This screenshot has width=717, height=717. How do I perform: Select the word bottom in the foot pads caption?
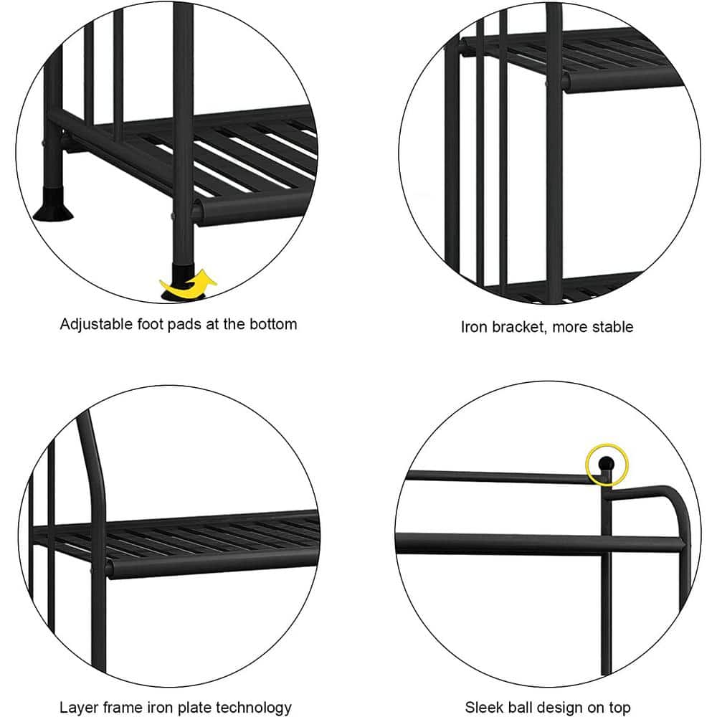[272, 324]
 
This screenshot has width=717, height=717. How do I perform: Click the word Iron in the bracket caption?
[473, 327]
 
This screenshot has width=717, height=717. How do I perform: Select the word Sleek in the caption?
[483, 708]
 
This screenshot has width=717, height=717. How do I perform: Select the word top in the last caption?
[619, 708]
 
